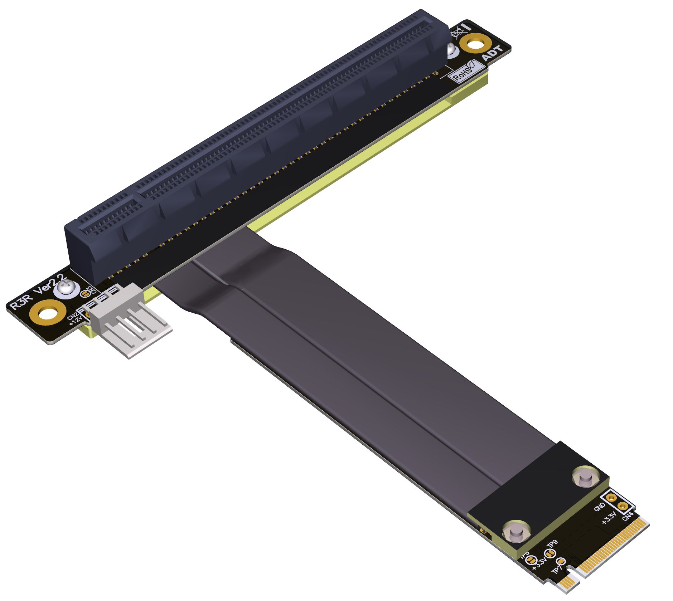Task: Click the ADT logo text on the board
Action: pyautogui.click(x=493, y=53)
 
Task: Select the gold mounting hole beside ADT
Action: pyautogui.click(x=475, y=44)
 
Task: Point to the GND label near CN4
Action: pyautogui.click(x=599, y=507)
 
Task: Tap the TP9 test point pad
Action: pyautogui.click(x=550, y=553)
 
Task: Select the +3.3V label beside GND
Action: pyautogui.click(x=609, y=518)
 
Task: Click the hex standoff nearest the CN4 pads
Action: pyautogui.click(x=586, y=477)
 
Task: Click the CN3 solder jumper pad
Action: pyautogui.click(x=84, y=293)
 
